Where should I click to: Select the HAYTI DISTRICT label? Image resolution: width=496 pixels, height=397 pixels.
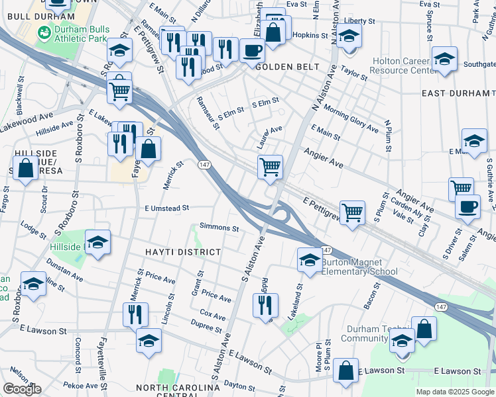point(182,252)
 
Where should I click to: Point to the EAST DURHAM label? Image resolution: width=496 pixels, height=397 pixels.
point(458,93)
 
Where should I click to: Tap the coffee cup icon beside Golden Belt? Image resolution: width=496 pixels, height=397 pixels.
point(252,50)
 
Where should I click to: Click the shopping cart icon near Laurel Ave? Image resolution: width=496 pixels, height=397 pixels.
point(270,167)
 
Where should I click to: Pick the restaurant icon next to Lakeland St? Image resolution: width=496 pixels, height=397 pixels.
point(263,305)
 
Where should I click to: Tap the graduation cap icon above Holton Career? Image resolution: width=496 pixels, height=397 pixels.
point(444,58)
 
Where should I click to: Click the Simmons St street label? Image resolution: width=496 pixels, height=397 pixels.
point(219,228)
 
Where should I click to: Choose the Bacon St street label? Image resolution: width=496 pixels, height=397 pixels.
point(371,296)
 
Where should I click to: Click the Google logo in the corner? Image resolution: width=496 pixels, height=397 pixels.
point(22,389)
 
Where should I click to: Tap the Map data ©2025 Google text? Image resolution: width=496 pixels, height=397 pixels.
point(454,392)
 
